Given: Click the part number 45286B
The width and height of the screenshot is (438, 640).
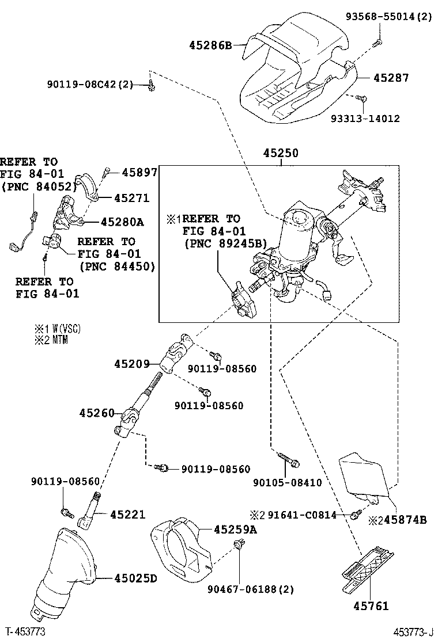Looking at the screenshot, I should [210, 44].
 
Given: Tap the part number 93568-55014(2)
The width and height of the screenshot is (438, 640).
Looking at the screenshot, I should [388, 17].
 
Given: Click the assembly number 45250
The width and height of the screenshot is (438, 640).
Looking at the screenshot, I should [281, 154].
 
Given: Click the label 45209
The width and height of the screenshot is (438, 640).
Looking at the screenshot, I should [132, 364].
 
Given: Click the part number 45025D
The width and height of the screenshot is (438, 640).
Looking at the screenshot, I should [135, 578].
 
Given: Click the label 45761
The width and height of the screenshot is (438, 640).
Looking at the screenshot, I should [371, 605].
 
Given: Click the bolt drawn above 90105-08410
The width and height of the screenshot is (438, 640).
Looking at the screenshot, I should [288, 459].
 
